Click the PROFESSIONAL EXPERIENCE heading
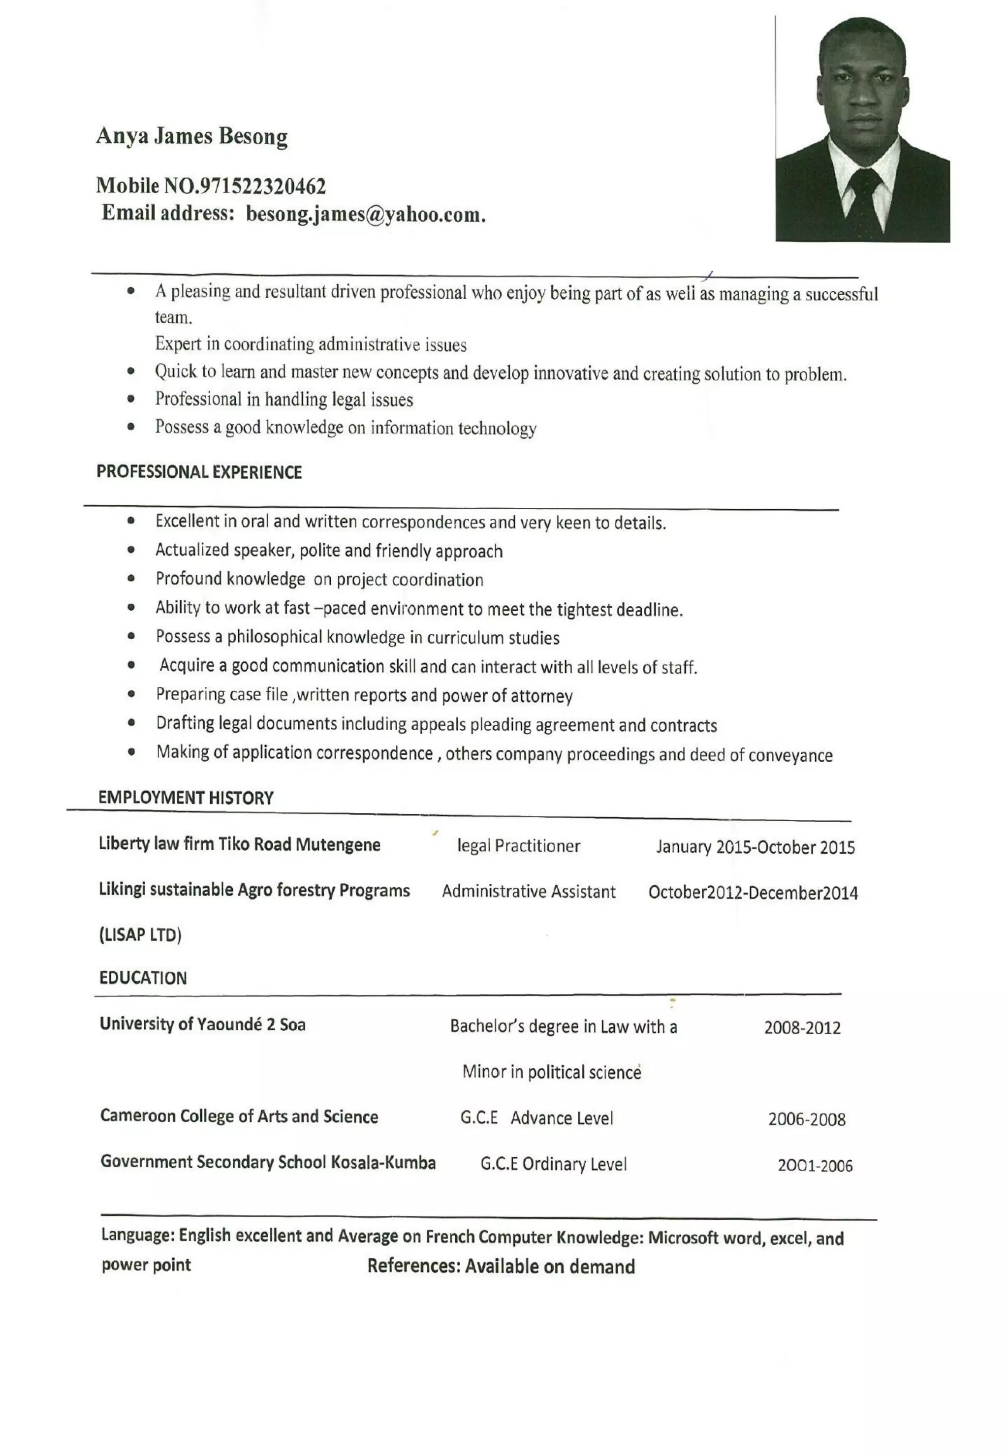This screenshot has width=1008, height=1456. pos(199,472)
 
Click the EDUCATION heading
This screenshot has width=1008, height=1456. pos(143,978)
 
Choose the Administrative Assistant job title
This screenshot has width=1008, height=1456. pos(529,892)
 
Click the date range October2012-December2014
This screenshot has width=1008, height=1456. pos(753,893)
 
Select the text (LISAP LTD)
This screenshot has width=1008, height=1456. pos(140,934)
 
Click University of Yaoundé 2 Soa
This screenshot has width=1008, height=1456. pos(203,1024)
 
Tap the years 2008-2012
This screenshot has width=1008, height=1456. pos(802,1028)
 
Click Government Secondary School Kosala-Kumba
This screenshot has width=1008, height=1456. pos(268,1162)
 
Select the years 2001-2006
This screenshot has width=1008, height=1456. pos(815,1166)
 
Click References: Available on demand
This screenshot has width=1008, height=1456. pos(501,1267)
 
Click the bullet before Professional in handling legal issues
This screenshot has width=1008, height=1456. pos(131,399)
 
